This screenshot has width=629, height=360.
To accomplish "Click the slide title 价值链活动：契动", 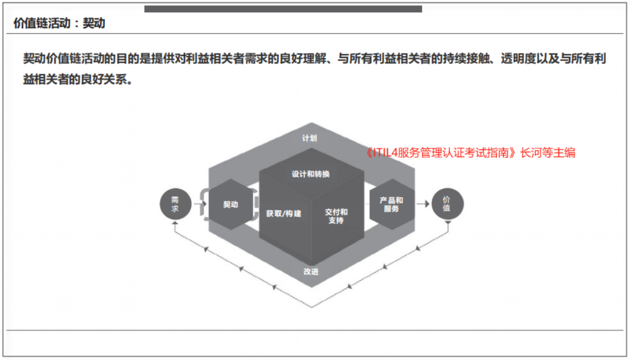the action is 59,23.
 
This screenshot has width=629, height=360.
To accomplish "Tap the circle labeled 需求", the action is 175,204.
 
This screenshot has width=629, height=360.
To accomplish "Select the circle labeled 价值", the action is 447,204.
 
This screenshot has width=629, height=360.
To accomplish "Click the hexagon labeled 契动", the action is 231,204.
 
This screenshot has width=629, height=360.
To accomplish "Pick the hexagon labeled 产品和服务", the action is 392,204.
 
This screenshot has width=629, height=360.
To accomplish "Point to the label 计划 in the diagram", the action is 310,138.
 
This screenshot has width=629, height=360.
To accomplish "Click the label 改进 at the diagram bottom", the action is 311,272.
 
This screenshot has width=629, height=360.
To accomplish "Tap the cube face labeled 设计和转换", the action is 311,174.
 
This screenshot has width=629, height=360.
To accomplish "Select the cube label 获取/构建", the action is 284,214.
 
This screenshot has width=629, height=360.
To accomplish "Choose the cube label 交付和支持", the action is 336,216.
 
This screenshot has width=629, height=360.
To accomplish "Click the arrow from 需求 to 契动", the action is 200,204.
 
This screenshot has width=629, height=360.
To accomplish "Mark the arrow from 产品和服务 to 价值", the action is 423,204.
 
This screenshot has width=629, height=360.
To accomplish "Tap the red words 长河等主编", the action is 548,153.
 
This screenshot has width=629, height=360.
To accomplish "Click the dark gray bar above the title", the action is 283,9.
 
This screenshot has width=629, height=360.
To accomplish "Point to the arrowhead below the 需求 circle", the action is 175,223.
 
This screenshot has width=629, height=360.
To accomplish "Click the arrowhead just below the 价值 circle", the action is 448,223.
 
